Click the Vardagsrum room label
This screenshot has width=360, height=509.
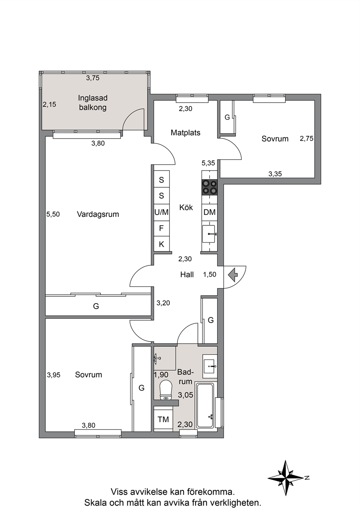coord(98,214)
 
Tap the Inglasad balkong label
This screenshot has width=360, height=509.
coord(93,103)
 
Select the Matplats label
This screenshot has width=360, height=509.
coord(185,132)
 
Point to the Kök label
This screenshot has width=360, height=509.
coord(186,207)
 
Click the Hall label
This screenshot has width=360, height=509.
coord(187,275)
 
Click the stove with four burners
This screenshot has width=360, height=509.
coord(209,187)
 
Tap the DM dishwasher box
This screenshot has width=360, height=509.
coord(209,212)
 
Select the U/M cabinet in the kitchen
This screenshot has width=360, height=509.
coord(161,212)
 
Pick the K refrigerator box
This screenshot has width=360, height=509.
coord(161,244)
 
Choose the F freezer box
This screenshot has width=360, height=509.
coord(161,228)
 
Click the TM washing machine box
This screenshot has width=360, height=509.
coord(163,419)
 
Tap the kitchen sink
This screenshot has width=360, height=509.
coord(209,234)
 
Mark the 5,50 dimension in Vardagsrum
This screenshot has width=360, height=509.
coord(53,214)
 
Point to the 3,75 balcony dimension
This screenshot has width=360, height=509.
coord(93,78)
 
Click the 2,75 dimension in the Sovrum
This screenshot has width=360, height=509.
coord(307,139)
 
